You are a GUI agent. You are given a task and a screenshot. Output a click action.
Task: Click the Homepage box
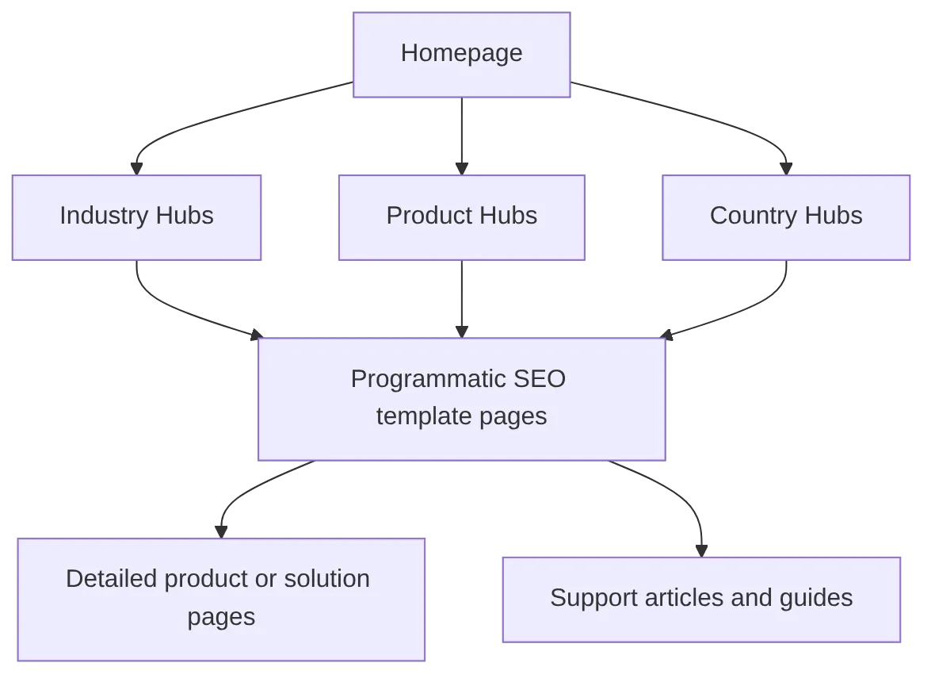tap(461, 55)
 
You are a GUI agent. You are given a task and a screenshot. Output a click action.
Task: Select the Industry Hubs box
tap(136, 217)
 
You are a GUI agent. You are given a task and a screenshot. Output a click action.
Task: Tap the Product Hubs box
tap(461, 217)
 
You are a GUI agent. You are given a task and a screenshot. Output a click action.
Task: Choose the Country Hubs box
tap(785, 217)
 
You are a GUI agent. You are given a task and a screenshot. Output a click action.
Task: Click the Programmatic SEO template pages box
tap(461, 399)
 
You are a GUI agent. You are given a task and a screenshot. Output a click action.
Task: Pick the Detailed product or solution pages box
tap(221, 599)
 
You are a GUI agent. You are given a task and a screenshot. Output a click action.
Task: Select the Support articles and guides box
tap(701, 599)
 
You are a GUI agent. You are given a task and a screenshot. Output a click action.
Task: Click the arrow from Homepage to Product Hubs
tap(460, 135)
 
